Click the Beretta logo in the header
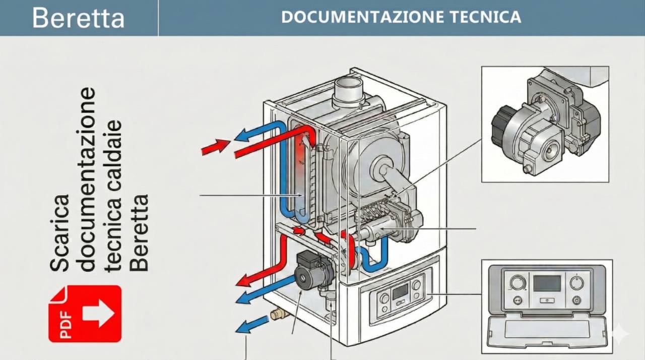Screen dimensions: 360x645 78,18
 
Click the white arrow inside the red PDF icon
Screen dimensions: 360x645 98,313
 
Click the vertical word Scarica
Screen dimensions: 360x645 60,231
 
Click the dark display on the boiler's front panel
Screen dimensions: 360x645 400,291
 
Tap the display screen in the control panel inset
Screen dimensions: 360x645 547,283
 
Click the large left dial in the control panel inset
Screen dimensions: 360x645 518,282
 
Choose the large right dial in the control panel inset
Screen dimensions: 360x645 576,282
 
